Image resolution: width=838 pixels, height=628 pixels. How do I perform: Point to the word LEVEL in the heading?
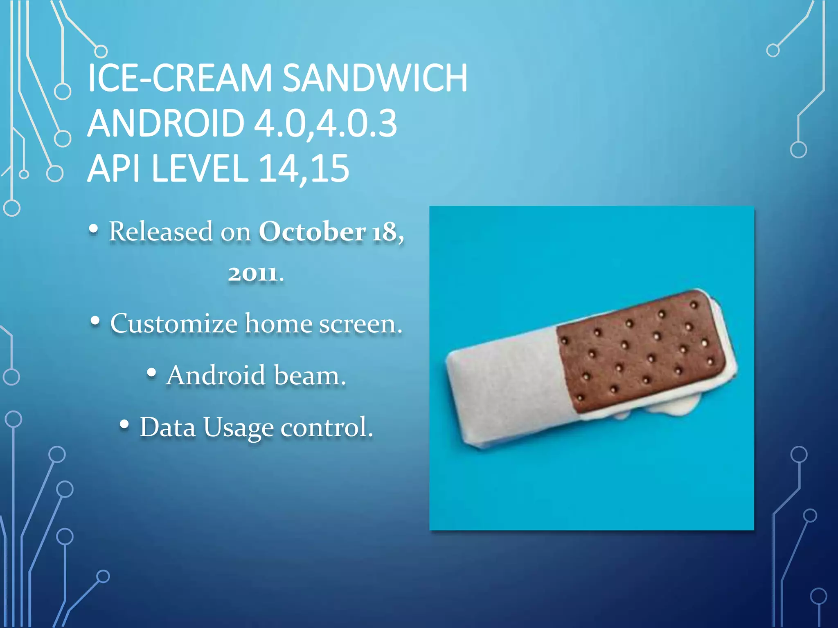coord(200,168)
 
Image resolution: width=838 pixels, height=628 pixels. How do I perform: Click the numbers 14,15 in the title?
coord(304,168)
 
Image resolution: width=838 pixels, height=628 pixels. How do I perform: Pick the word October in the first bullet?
coord(312,232)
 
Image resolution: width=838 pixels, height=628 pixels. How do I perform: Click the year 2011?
coord(252,274)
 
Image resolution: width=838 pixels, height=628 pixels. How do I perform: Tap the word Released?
coord(161,232)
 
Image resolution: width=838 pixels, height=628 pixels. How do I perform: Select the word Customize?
coord(174,324)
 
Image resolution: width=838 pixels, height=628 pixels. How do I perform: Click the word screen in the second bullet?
coord(360,324)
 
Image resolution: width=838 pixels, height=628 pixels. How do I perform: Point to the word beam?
coord(310,375)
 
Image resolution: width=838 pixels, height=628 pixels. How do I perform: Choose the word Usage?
coord(239,428)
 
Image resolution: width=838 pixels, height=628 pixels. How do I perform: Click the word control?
coord(327,428)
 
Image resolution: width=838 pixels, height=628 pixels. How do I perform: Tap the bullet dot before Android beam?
coord(151,372)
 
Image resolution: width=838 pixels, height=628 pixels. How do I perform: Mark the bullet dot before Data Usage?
coord(124,425)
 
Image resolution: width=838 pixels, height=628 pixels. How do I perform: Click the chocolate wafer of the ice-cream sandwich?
coord(638,352)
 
